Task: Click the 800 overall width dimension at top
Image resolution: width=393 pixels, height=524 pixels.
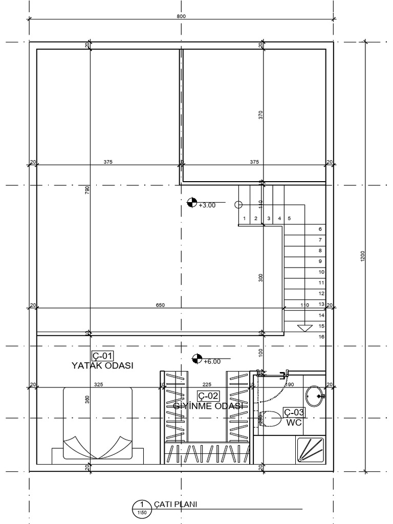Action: point(181,16)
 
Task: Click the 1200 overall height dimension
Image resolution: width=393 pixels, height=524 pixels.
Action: point(363,257)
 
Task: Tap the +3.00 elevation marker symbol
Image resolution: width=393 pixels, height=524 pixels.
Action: point(192,202)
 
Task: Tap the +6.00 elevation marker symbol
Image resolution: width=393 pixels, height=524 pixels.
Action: point(196,359)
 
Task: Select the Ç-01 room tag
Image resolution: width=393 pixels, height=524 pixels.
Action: point(102,356)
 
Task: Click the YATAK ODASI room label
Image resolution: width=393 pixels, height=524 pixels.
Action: point(102,365)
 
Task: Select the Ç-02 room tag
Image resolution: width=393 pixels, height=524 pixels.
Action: point(208,395)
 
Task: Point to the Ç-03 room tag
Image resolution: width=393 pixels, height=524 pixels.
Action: point(294,412)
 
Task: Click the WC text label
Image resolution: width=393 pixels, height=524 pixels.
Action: point(293,423)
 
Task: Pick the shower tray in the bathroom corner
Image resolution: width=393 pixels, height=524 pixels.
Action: point(310,450)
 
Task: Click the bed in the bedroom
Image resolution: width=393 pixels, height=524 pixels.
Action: point(98,425)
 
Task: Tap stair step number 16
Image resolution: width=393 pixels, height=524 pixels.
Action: point(321,337)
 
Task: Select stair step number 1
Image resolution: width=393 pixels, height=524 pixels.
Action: point(245,219)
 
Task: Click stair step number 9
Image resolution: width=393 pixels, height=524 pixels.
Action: point(320,251)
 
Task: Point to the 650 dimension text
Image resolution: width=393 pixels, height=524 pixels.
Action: point(160,305)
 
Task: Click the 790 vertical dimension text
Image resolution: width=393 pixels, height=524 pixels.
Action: point(87,189)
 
